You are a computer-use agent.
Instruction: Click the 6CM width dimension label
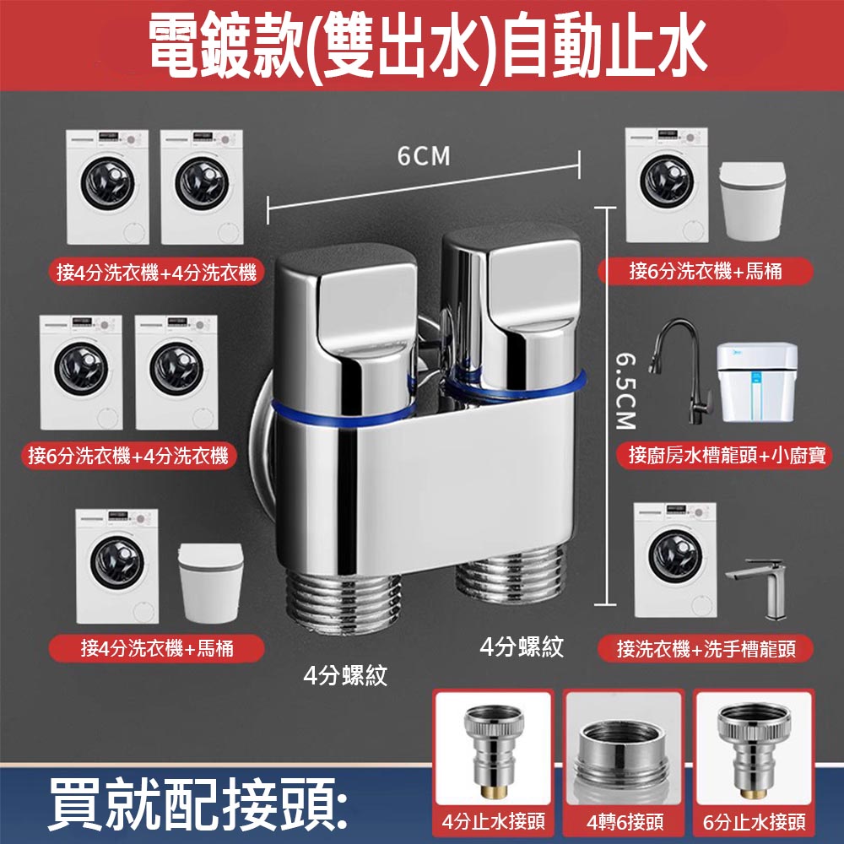(x=424, y=157)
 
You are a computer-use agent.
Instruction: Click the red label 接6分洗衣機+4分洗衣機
(x=128, y=457)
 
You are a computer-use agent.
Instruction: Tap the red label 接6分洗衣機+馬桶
(x=706, y=272)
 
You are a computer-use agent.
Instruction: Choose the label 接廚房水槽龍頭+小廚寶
(x=730, y=457)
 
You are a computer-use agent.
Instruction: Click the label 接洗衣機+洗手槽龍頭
(x=706, y=649)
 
